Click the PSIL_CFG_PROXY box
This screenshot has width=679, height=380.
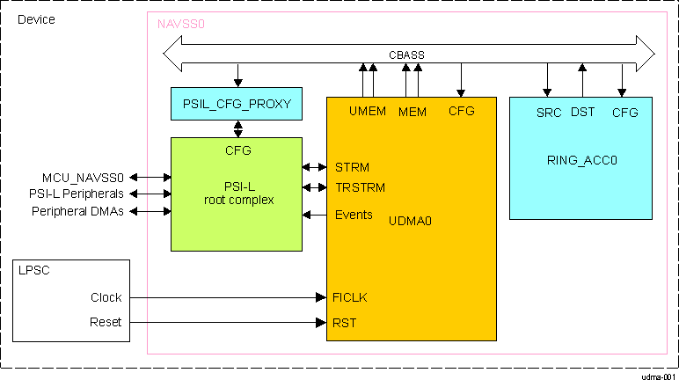237,104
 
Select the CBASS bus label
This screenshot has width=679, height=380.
406,55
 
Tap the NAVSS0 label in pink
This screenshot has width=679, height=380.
180,24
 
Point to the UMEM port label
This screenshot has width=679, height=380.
367,112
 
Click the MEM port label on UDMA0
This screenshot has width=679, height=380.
412,113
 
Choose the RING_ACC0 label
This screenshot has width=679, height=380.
581,160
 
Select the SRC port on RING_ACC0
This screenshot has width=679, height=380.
549,113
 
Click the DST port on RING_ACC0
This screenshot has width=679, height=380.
582,112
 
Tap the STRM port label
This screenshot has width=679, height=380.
352,167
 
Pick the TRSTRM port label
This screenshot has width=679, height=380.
359,187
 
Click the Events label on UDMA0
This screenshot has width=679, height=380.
354,215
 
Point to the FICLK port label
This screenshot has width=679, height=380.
350,297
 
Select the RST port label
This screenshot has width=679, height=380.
344,323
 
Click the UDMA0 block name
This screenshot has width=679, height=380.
410,222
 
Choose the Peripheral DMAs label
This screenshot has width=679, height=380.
77,211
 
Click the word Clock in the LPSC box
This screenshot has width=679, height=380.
106,297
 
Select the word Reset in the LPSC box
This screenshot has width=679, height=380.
106,323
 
